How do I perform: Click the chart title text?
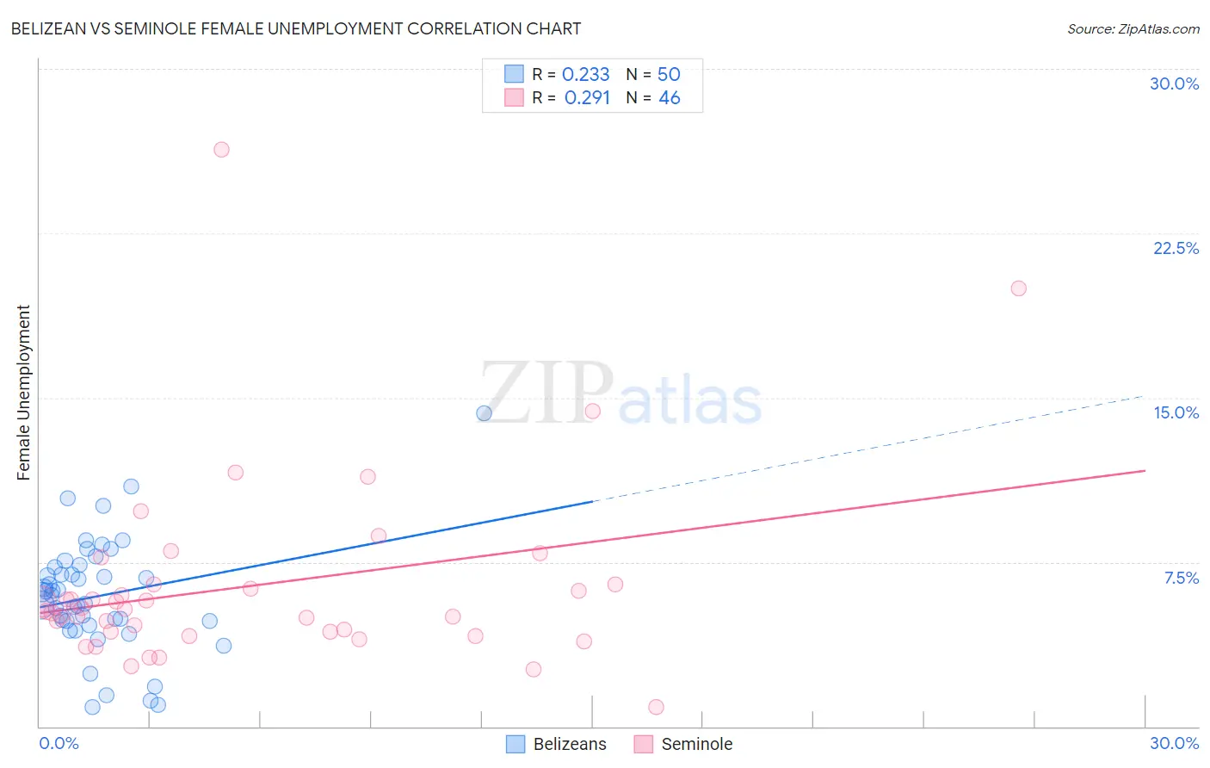296,28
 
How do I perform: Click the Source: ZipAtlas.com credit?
1133,28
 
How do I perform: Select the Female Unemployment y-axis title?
24,392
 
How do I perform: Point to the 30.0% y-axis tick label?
1174,84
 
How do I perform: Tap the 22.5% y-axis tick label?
1176,248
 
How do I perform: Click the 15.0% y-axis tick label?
1176,412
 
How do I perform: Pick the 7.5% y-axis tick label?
1181,578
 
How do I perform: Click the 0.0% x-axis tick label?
59,743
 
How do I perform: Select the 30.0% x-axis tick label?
1174,743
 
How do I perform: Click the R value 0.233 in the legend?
585,75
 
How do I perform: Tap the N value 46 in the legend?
669,98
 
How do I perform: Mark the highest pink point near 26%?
221,150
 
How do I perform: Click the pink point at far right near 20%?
1018,288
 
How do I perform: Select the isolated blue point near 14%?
484,413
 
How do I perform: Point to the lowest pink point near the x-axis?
656,707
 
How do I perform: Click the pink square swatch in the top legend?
514,97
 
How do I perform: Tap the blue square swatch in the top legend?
514,74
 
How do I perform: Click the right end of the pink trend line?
1145,471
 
